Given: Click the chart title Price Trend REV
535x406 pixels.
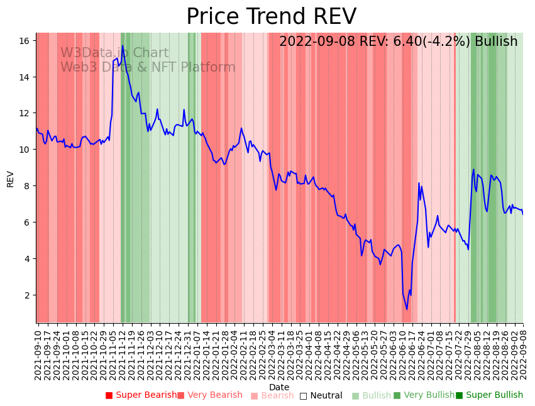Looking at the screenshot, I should [x=271, y=17].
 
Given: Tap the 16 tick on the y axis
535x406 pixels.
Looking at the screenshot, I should [x=25, y=41].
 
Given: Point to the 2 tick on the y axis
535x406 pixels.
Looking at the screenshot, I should [x=27, y=295].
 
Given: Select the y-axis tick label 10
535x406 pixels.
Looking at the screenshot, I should [x=25, y=150].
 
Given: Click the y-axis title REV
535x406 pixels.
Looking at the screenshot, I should [x=10, y=178].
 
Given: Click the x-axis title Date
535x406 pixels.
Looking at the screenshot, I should [x=279, y=387].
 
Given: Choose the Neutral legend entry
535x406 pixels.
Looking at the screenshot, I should [x=321, y=395].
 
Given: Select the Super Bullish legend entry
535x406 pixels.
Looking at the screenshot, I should [x=489, y=395].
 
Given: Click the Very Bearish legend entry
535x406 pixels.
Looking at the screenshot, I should [x=210, y=395].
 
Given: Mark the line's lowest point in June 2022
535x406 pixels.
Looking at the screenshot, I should [x=407, y=309].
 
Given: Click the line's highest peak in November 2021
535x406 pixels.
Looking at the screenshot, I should [x=123, y=48].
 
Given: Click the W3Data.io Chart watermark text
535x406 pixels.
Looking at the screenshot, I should [x=114, y=53].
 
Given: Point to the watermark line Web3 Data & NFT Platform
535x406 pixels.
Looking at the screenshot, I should [x=148, y=67].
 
